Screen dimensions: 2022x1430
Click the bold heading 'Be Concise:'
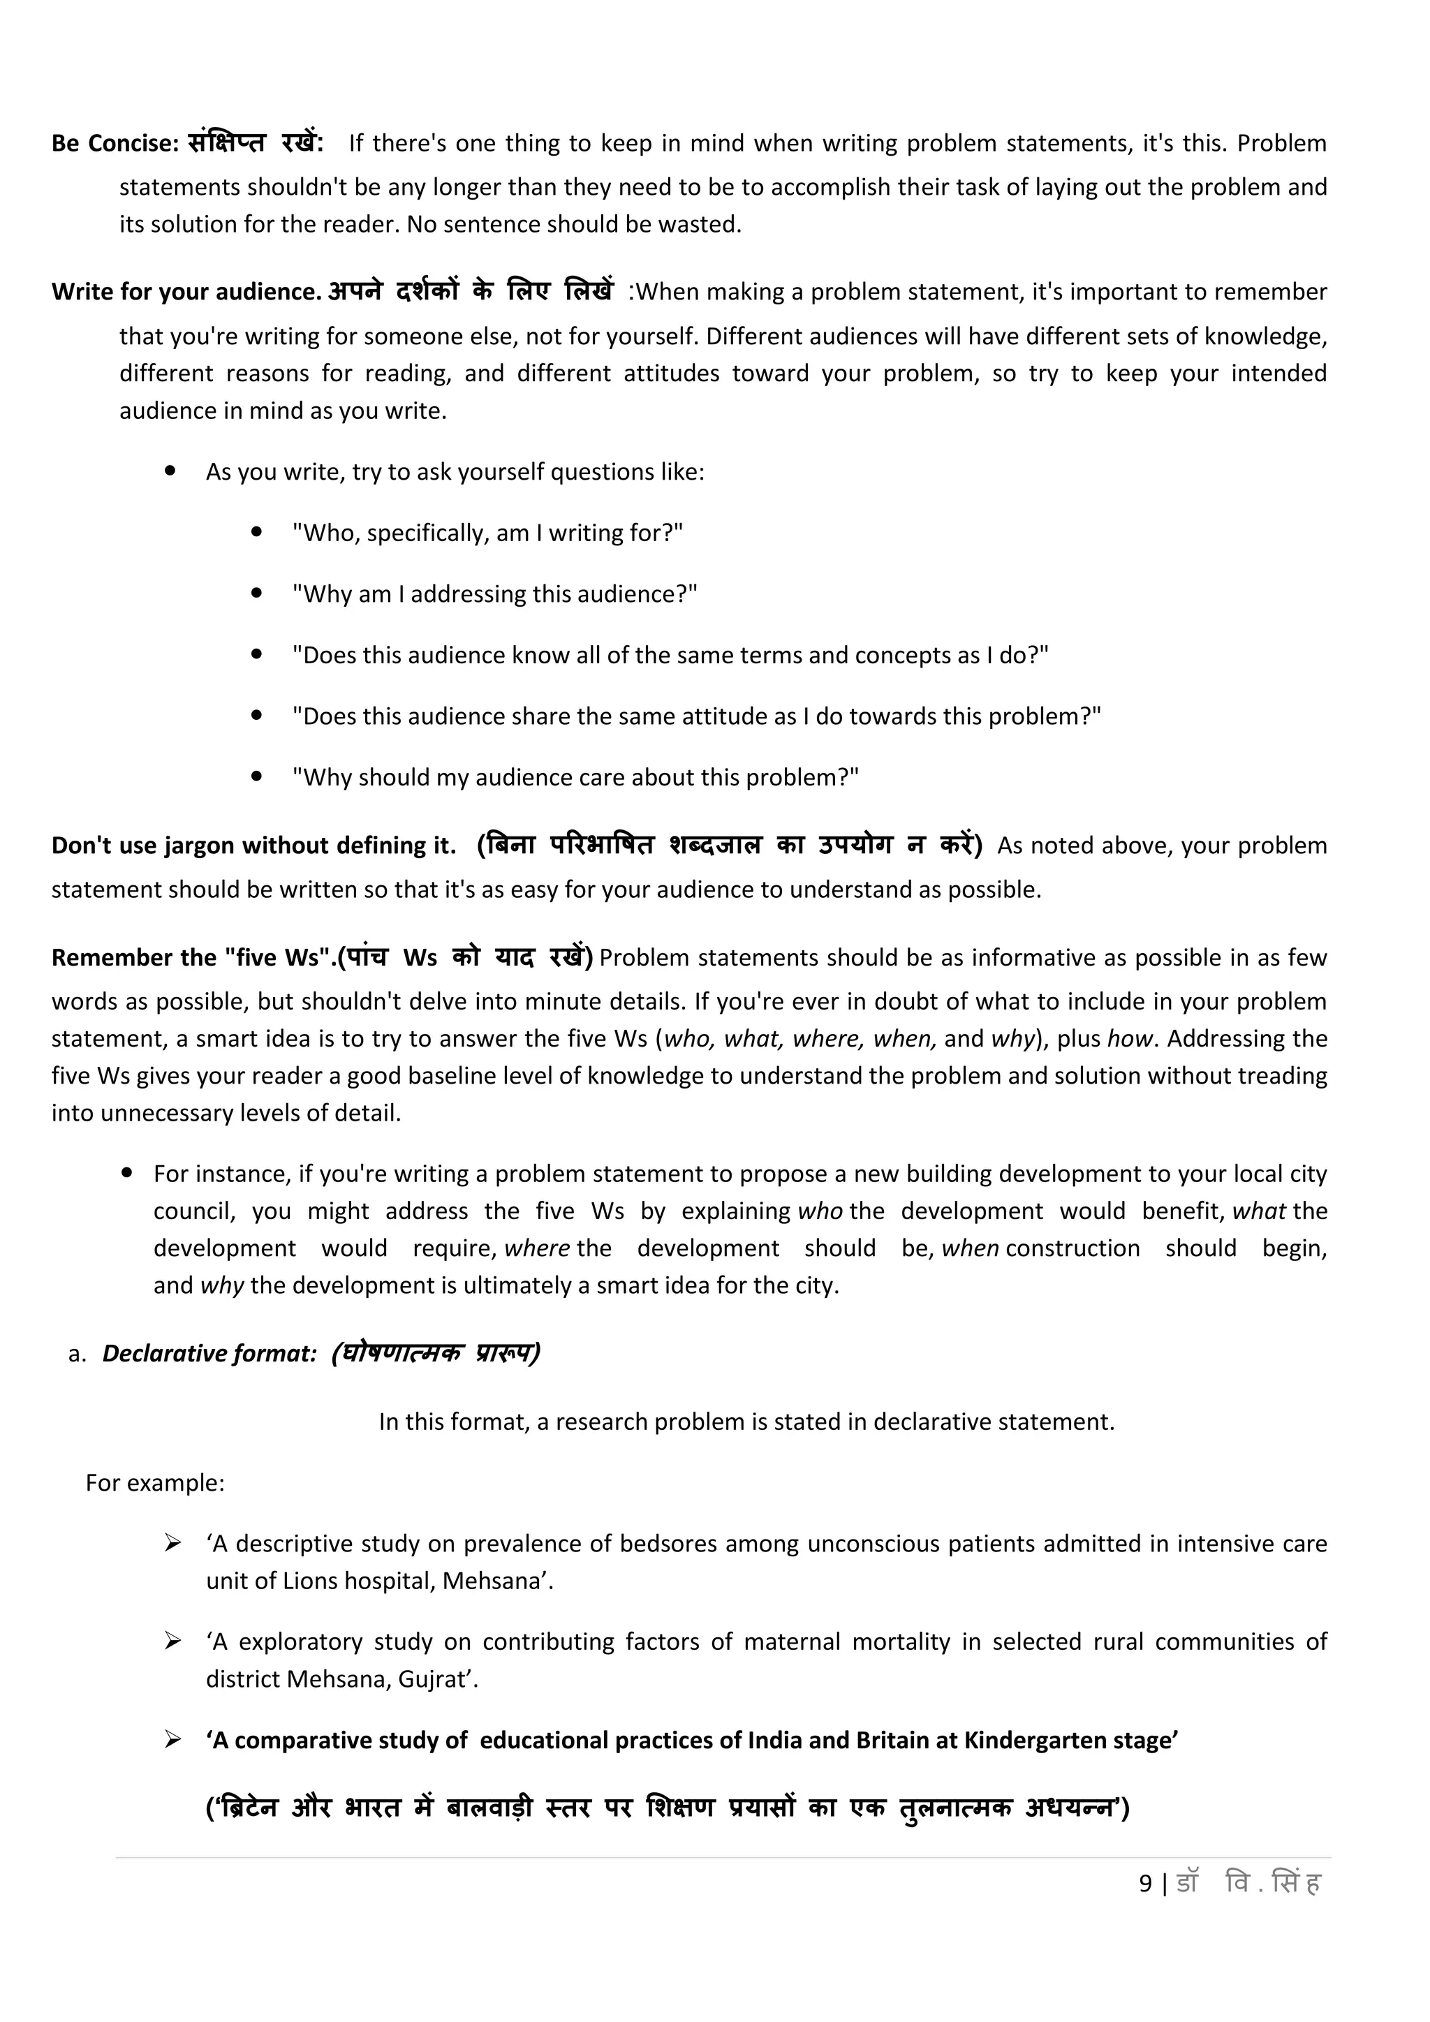(115, 144)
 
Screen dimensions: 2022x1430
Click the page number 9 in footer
(1144, 1884)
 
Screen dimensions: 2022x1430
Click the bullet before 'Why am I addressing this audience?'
(257, 593)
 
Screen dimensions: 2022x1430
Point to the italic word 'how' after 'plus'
(1130, 1039)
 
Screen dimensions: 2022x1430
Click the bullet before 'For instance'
(128, 1173)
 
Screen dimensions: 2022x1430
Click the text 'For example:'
(155, 1483)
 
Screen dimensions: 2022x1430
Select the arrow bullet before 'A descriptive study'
(172, 1543)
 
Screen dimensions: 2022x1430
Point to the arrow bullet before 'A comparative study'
(172, 1739)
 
